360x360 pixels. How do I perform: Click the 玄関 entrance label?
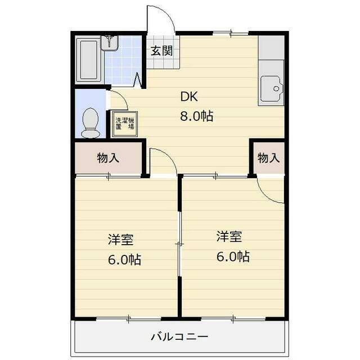point(161,51)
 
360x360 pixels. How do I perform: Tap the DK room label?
point(189,97)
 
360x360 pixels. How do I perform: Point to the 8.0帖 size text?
point(197,116)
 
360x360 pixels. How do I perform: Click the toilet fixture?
point(91,123)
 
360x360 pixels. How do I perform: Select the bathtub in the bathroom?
point(88,60)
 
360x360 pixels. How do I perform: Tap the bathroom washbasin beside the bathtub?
point(110,43)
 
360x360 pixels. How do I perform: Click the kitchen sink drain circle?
point(276,89)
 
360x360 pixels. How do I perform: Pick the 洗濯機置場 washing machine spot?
point(124,124)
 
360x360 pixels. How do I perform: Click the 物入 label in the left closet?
point(108,158)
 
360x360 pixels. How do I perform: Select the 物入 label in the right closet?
point(269,158)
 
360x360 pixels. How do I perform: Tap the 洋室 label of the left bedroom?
point(121,240)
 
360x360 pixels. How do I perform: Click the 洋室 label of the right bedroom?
point(229,236)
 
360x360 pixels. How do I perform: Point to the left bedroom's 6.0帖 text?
point(125,260)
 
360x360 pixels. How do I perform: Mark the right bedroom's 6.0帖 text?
point(233,256)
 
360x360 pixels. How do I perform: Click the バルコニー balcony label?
point(179,337)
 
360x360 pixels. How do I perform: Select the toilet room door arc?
point(123,96)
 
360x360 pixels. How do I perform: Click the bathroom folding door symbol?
point(137,80)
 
